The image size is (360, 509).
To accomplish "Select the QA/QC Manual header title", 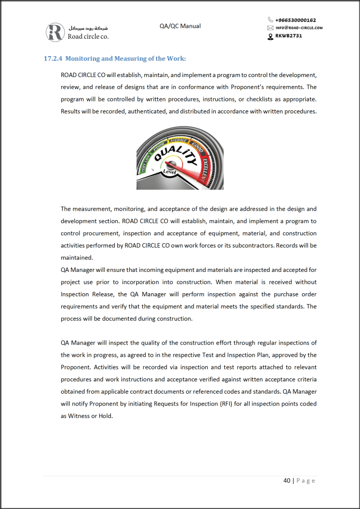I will tap(180, 26).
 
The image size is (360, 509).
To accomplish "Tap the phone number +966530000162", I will tap(295, 20).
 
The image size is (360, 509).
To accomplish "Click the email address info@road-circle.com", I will tap(299, 28).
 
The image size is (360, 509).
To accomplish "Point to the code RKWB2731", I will tap(288, 35).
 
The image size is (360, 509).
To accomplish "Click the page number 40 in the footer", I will tap(287, 481).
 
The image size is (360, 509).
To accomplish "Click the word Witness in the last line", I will tap(80, 416).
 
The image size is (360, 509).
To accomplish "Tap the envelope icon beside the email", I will tap(270, 28).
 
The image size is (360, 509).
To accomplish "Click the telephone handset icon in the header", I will tap(270, 20).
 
